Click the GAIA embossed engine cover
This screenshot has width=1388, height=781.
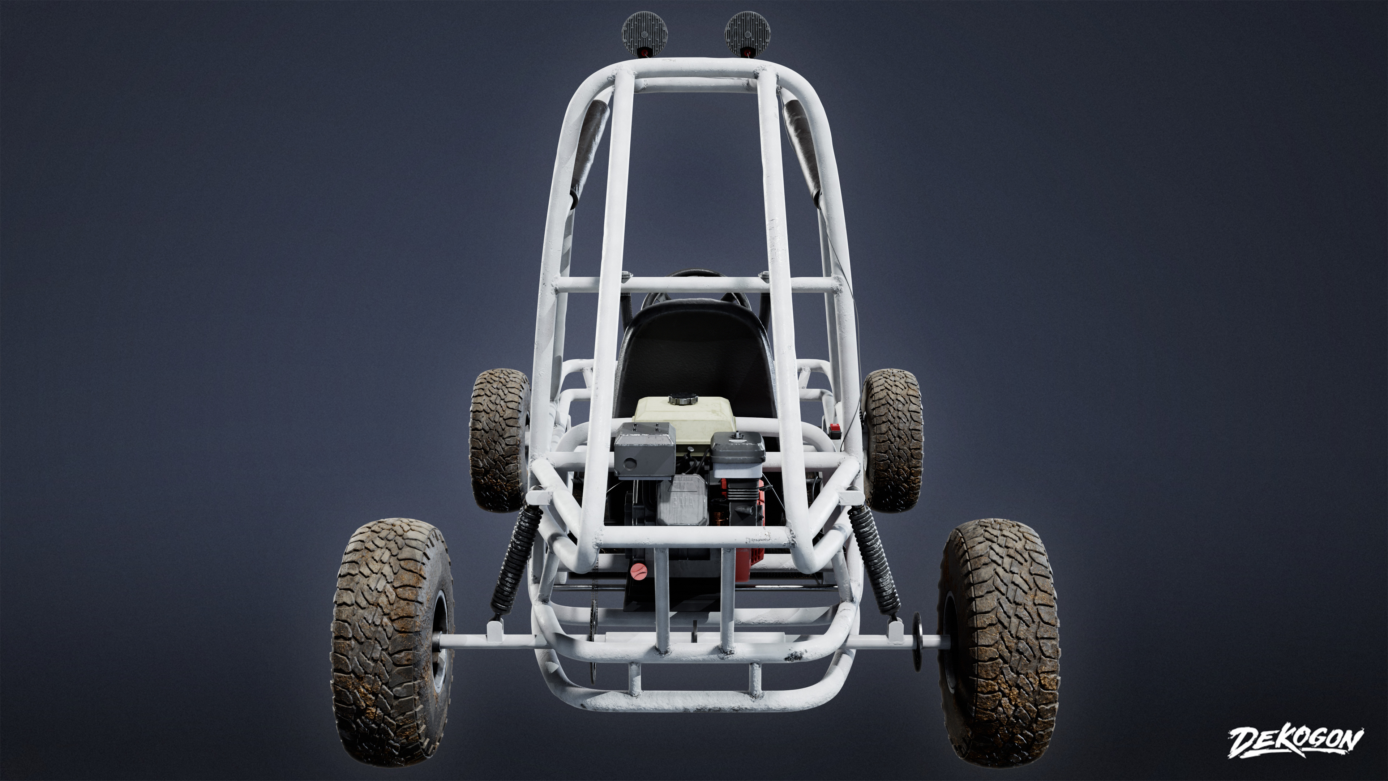click(x=684, y=501)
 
